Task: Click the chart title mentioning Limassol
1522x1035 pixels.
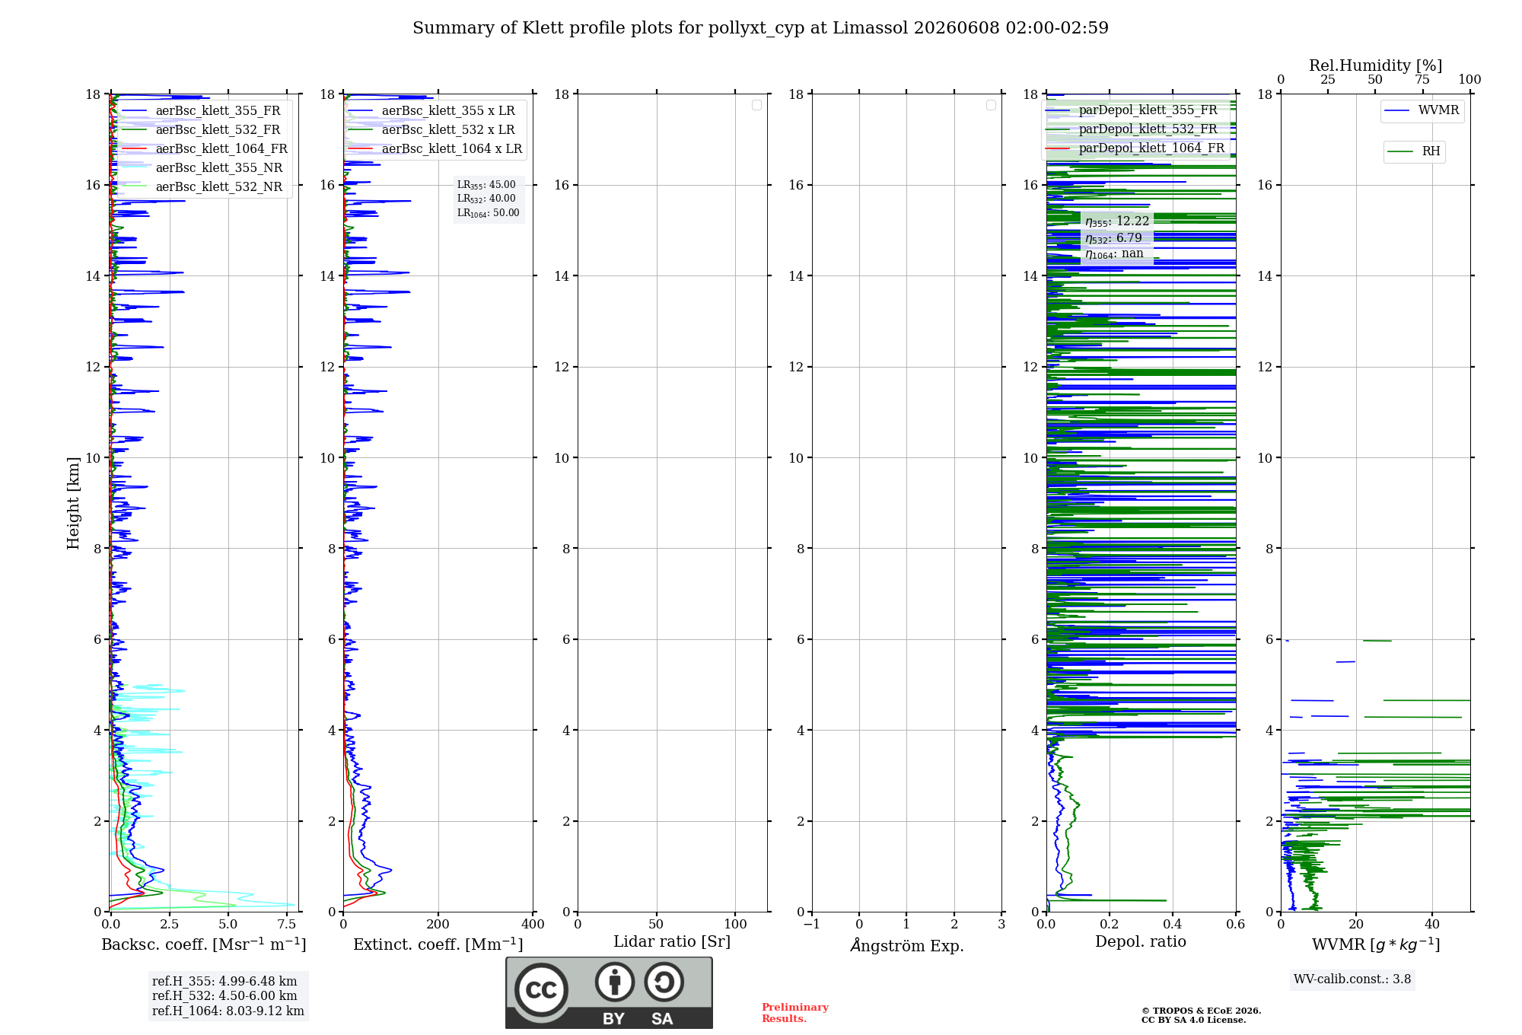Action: point(760,28)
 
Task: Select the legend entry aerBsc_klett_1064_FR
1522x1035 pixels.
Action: point(205,148)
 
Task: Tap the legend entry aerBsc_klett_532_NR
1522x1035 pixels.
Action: point(202,186)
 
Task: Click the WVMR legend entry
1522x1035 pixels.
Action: point(1422,110)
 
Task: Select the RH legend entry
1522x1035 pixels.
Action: point(1414,151)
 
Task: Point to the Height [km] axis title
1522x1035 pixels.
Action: point(73,503)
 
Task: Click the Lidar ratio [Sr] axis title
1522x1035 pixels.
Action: point(672,941)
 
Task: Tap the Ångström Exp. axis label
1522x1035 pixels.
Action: point(907,945)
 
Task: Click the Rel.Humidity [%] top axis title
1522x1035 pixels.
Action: point(1375,65)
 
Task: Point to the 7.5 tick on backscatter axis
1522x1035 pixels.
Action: point(287,924)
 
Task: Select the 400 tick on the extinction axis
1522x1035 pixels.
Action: point(533,924)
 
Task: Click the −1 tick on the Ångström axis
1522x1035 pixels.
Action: point(812,924)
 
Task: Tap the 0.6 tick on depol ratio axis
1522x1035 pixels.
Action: point(1236,924)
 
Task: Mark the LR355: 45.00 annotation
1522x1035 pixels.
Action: point(486,185)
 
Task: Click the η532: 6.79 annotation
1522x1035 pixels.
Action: point(1114,238)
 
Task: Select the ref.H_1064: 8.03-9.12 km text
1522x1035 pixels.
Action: point(228,1011)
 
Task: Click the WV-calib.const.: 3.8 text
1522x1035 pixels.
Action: point(1352,979)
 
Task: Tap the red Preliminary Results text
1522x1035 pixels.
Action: point(795,1013)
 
